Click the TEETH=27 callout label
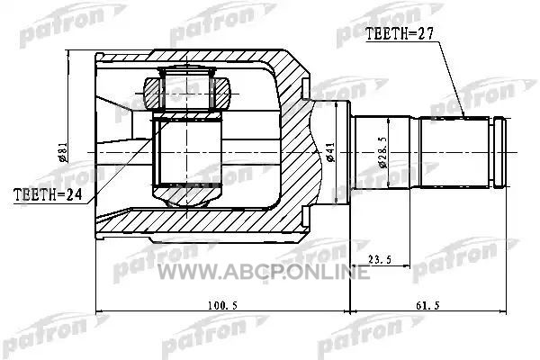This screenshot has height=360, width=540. tap(399, 34)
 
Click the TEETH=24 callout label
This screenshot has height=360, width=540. tap(48, 194)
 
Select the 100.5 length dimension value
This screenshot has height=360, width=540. tap(222, 305)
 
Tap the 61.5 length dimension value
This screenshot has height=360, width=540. tap(427, 305)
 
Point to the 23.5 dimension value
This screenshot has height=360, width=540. tap(380, 259)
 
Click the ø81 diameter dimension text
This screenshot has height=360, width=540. tap(63, 152)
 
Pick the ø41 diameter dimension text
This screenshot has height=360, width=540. tap(329, 152)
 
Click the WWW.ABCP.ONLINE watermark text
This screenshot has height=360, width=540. tap(264, 272)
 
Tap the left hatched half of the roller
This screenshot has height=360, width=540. tap(152, 94)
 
